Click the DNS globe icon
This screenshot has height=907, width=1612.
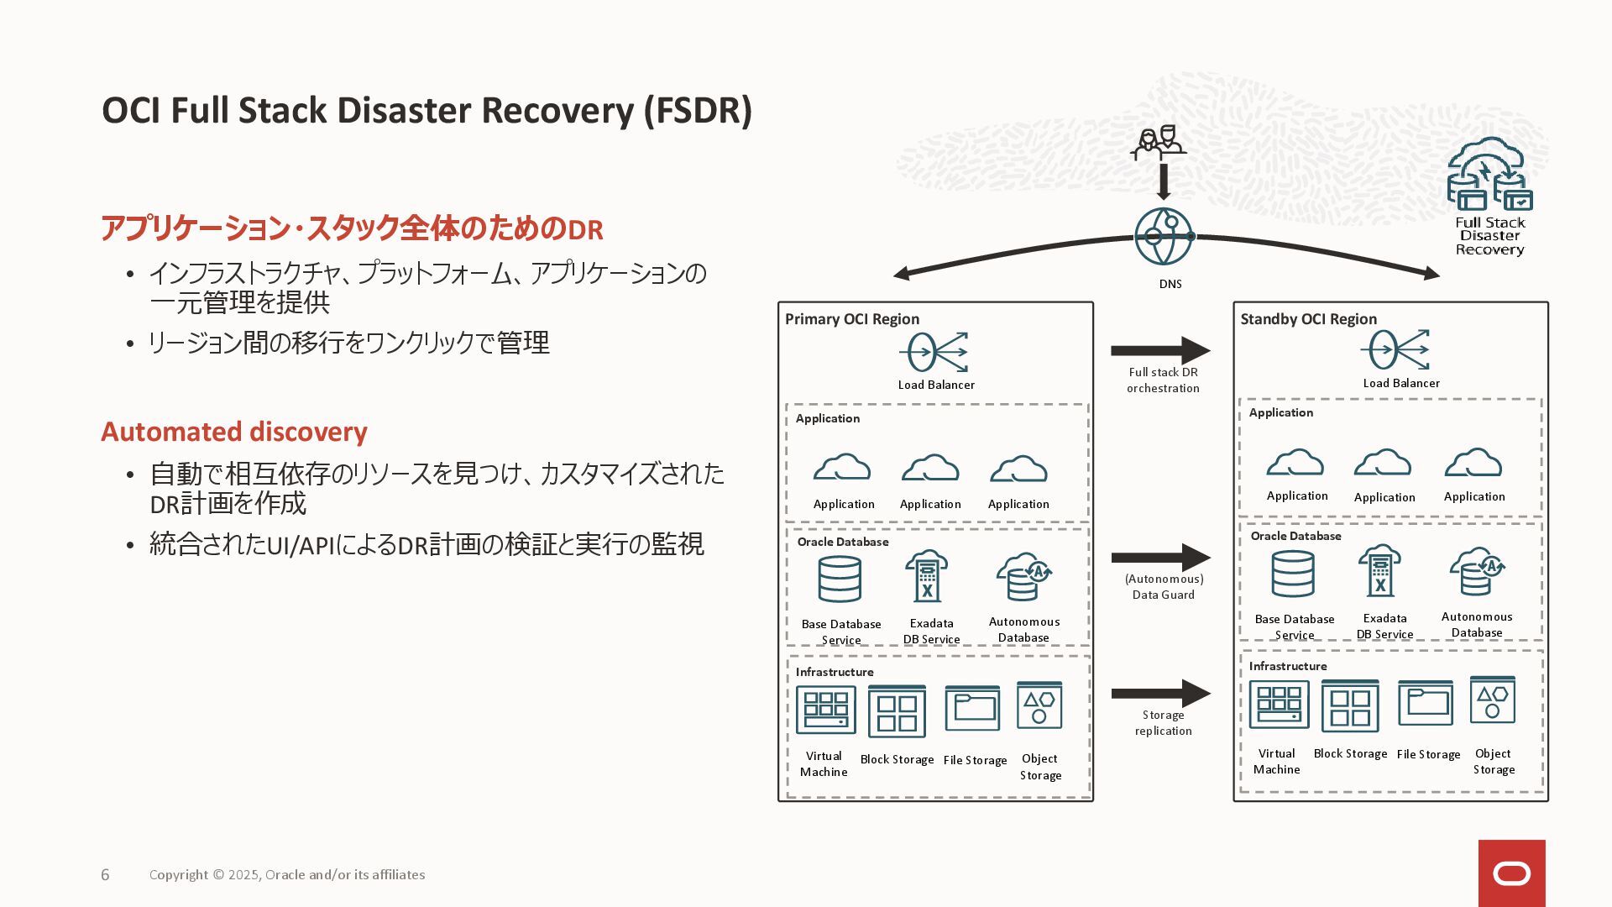pos(1164,237)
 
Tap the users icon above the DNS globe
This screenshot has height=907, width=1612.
pos(1159,144)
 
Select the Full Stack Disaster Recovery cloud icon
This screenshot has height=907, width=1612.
pos(1489,174)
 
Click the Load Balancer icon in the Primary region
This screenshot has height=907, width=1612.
pos(934,352)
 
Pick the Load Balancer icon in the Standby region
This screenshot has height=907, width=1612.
pos(1396,349)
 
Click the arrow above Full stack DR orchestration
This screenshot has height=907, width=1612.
pos(1160,350)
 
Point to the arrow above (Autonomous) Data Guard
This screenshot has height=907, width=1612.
pos(1160,558)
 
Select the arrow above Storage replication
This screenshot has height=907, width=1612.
pos(1160,694)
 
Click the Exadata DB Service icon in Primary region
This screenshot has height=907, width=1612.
pos(927,576)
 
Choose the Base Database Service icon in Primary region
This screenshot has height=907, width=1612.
pos(840,579)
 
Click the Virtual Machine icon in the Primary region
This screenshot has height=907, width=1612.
pos(826,710)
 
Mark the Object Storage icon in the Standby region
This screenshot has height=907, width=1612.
pos(1493,700)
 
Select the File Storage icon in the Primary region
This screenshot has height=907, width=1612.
pos(972,709)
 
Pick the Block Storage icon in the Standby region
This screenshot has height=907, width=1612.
pos(1350,706)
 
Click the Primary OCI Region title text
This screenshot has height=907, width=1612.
pos(852,319)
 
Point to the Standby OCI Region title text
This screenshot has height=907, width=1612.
pos(1309,319)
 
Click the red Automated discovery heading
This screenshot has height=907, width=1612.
pos(234,432)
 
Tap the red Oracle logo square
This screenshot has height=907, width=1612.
pos(1511,873)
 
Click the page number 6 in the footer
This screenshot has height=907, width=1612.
pos(105,875)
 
